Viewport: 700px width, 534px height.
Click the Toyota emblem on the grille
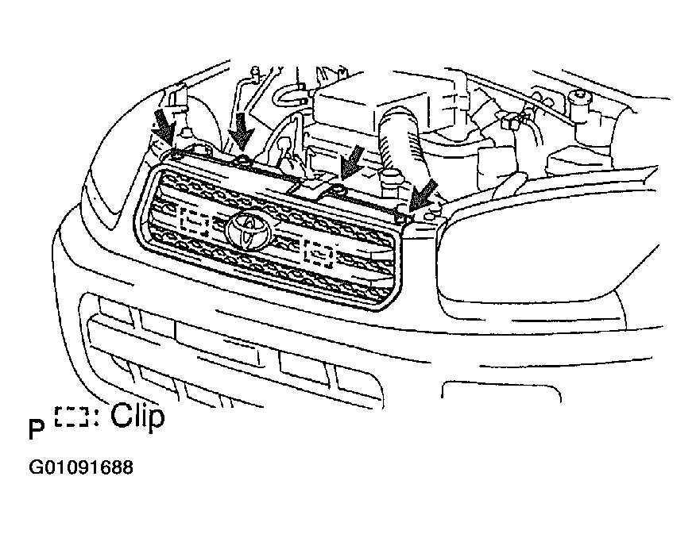249,229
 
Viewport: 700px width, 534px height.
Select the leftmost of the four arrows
164,127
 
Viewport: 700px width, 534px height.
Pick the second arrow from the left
242,131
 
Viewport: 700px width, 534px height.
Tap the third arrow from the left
352,160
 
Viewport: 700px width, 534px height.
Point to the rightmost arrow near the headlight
423,194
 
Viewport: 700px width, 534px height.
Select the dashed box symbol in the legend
72,417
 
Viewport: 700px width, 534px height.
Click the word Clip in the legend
137,417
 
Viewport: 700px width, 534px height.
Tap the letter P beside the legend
37,428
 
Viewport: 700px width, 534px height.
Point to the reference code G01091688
81,467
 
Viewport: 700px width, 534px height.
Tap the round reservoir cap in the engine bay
578,94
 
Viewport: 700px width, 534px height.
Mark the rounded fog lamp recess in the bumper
501,391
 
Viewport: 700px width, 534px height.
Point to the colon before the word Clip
97,417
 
